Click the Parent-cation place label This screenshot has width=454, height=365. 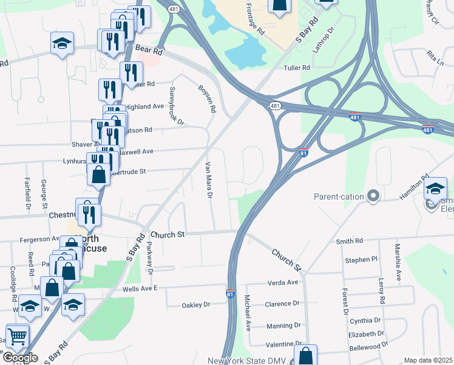pos(339,196)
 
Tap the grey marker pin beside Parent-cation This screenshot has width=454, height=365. pos(373,196)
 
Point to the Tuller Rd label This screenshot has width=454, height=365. pos(297,69)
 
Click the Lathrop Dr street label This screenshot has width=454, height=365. pos(323,40)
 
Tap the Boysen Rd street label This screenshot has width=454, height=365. pos(207,99)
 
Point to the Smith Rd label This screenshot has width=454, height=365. pos(349,242)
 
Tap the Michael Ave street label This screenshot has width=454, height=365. pos(247,313)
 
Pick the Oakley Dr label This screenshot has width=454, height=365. pos(195,305)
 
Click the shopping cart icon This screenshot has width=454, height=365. pos(18,335)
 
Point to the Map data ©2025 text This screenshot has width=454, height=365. pos(428,360)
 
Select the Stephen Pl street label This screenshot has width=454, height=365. pos(361,260)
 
